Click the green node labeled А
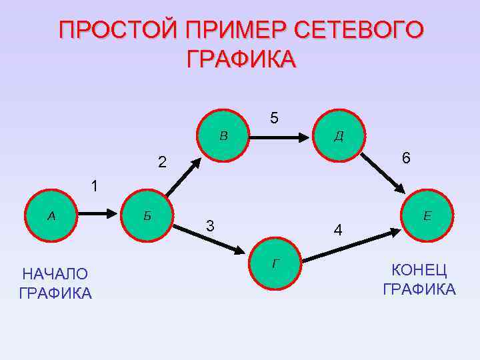click(51, 217)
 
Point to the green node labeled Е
click(427, 217)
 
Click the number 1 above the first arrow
click(95, 187)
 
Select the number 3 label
click(210, 226)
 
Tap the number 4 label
click(339, 231)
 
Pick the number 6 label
click(406, 158)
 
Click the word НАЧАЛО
click(55, 274)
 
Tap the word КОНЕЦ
click(419, 270)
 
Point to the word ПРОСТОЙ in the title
click(117, 31)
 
